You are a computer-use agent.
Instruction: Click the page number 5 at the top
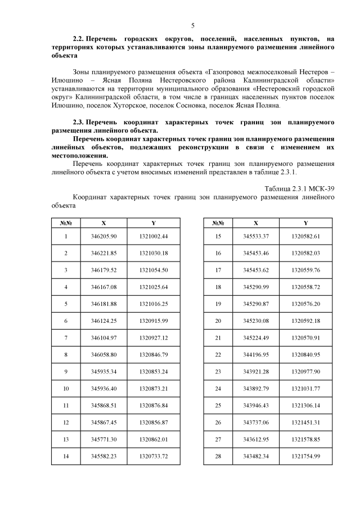[192, 26]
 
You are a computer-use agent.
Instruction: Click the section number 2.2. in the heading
[80, 39]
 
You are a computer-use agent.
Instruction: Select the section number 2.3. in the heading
[80, 121]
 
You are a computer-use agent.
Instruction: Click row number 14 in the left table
[66, 457]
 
